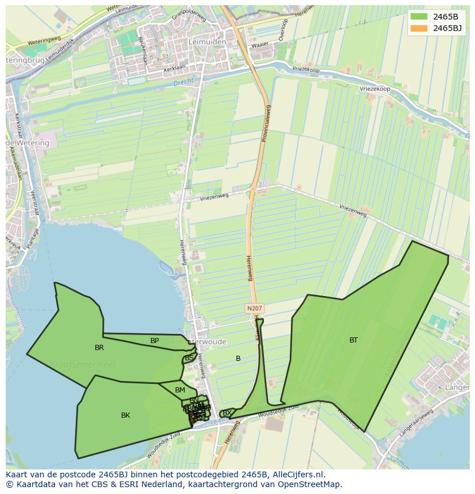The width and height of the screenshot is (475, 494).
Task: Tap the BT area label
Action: tap(353, 340)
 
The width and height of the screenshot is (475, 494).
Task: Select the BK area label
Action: tap(126, 415)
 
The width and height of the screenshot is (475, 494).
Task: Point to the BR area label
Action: tap(99, 348)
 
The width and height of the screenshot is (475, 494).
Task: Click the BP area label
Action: tap(154, 341)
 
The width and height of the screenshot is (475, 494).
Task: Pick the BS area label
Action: tap(189, 358)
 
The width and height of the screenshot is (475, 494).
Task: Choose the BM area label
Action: tap(180, 390)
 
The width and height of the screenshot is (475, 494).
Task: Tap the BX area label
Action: tap(227, 413)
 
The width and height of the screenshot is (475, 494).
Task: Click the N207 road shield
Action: tap(254, 309)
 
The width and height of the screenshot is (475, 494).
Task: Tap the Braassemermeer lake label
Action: tap(83, 364)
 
